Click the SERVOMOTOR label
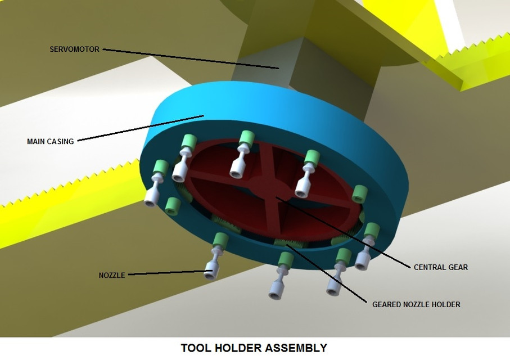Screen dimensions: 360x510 [74, 49]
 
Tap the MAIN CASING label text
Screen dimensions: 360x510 [50, 142]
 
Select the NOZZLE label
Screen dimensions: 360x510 [112, 276]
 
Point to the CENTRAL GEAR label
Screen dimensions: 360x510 [440, 267]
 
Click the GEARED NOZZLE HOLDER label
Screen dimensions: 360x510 [416, 304]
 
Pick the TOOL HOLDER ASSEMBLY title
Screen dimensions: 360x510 [254, 348]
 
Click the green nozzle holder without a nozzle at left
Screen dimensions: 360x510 [173, 206]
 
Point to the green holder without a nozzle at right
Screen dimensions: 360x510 [359, 193]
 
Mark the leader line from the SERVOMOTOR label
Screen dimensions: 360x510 [191, 58]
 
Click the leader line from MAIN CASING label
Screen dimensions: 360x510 [141, 129]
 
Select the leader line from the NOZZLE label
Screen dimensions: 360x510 [169, 274]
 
